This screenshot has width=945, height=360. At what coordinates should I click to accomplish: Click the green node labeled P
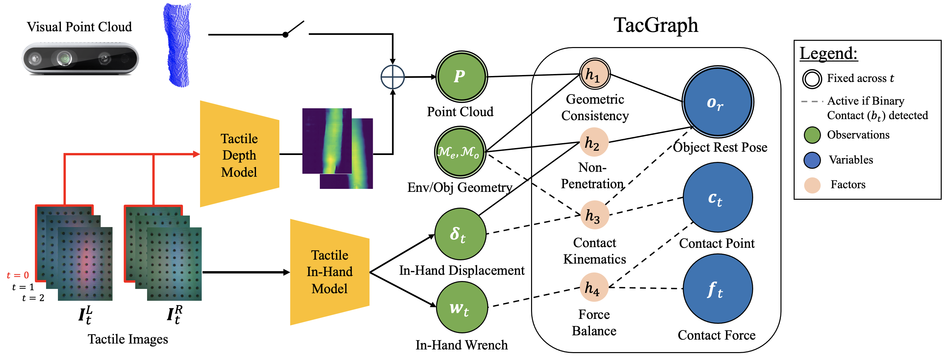(x=461, y=77)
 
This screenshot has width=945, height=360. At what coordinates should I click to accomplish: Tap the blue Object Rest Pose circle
(x=717, y=102)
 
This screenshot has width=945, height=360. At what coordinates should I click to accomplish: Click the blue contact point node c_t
(x=717, y=197)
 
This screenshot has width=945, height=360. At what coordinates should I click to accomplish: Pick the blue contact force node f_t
(x=717, y=289)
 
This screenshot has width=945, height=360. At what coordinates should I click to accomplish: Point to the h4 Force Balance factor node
(x=594, y=287)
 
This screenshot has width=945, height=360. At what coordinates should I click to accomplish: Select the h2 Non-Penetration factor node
(x=594, y=142)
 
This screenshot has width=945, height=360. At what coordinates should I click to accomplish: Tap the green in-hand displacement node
(x=460, y=234)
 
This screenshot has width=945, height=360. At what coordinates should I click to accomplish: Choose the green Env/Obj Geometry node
(x=460, y=152)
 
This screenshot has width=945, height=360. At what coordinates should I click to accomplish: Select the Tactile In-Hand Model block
(x=329, y=272)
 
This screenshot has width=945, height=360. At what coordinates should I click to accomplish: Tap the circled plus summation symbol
(x=392, y=77)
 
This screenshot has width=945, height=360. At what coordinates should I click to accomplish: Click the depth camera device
(x=80, y=59)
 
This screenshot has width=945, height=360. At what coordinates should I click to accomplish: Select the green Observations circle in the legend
(x=812, y=135)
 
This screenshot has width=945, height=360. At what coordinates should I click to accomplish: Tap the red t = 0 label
(x=18, y=275)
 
